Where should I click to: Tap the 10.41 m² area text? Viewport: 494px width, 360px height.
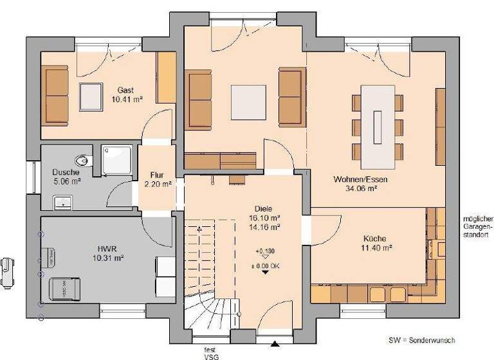click(x=127, y=100)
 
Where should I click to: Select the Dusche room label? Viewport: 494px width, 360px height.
click(x=66, y=172)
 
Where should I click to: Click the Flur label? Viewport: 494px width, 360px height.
click(x=157, y=175)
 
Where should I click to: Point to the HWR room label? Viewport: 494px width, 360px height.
click(x=108, y=248)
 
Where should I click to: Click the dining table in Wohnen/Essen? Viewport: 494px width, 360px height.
click(x=378, y=123)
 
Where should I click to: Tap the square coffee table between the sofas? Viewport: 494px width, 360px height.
click(x=248, y=102)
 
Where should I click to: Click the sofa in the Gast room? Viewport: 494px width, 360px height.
click(x=57, y=95)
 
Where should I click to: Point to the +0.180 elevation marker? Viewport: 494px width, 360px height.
click(x=265, y=251)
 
